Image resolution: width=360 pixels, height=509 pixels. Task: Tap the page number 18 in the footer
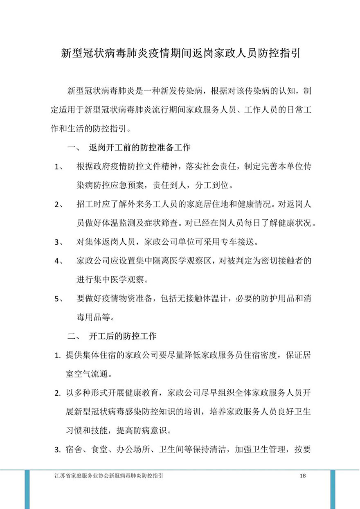click(x=303, y=476)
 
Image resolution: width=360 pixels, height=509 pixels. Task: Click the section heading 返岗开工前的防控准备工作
click(x=139, y=147)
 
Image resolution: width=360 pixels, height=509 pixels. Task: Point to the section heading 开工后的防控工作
click(x=123, y=337)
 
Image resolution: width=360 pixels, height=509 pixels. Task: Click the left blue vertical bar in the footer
click(x=27, y=489)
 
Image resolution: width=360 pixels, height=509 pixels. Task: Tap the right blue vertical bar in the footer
click(x=333, y=489)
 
